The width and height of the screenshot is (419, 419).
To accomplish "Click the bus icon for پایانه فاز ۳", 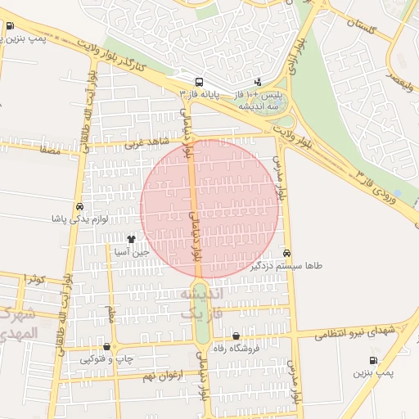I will click(199, 82).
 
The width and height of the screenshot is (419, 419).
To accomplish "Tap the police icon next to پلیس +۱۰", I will click(259, 82).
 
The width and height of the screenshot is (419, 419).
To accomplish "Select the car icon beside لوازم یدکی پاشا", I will click(79, 207).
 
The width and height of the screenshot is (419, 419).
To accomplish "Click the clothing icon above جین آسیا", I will click(131, 240).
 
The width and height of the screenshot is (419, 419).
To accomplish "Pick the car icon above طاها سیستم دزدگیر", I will click(286, 253).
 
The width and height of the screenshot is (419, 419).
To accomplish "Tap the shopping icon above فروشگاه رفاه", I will click(237, 336).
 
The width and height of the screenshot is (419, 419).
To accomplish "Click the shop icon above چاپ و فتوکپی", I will click(107, 346).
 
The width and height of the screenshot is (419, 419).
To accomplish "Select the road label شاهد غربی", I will click(145, 144).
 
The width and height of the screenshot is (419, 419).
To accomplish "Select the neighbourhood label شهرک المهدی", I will click(18, 324).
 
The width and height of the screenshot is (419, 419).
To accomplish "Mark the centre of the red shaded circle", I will click(209, 209).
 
